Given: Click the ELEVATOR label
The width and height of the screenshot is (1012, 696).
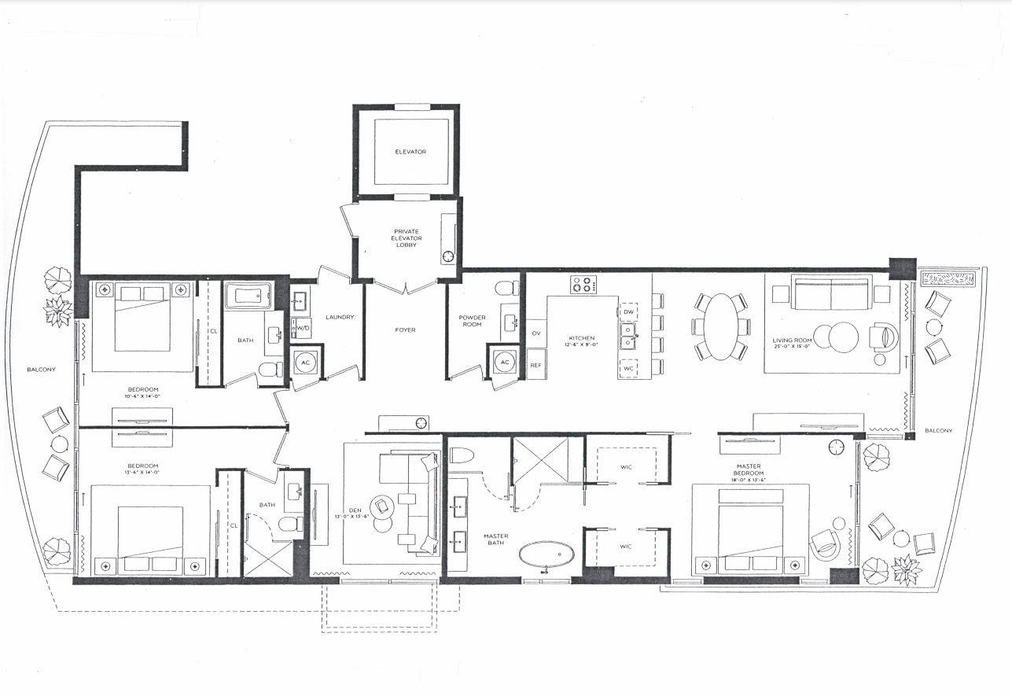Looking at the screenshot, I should pyautogui.click(x=410, y=152).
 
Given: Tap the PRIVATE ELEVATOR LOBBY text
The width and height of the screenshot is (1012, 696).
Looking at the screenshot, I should pyautogui.click(x=406, y=238).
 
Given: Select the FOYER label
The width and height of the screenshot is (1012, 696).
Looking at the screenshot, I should pyautogui.click(x=405, y=330).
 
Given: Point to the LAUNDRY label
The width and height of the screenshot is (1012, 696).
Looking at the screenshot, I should pyautogui.click(x=340, y=318).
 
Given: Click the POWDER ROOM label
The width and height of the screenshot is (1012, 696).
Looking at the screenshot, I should pyautogui.click(x=473, y=322).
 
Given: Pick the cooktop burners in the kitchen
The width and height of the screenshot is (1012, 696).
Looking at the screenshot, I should pyautogui.click(x=583, y=284).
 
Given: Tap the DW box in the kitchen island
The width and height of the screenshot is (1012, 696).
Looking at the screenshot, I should pyautogui.click(x=628, y=312).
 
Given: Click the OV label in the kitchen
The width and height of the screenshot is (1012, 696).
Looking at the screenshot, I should pyautogui.click(x=536, y=333).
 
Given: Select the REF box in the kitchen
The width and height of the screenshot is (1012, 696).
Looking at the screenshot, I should pyautogui.click(x=536, y=365).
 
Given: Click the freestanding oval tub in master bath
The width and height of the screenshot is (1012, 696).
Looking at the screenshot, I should pyautogui.click(x=546, y=554).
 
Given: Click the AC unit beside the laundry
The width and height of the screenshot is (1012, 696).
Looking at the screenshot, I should pyautogui.click(x=305, y=363).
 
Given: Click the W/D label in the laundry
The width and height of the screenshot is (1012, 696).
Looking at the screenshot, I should pyautogui.click(x=303, y=328).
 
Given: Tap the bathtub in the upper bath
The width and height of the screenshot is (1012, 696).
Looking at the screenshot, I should pyautogui.click(x=248, y=297).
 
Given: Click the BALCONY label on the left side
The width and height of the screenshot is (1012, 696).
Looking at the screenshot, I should pyautogui.click(x=40, y=369).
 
